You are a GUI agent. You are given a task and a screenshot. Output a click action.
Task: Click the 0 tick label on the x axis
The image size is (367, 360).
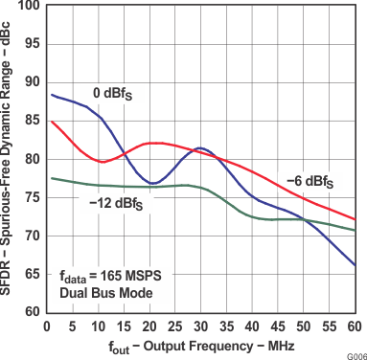tap(47, 326)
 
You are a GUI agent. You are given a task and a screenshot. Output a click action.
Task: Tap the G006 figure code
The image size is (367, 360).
tap(356, 353)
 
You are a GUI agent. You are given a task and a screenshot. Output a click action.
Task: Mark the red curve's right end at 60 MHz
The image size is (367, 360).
tap(355, 219)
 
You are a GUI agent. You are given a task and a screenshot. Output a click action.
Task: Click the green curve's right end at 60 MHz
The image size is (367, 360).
tap(355, 230)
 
